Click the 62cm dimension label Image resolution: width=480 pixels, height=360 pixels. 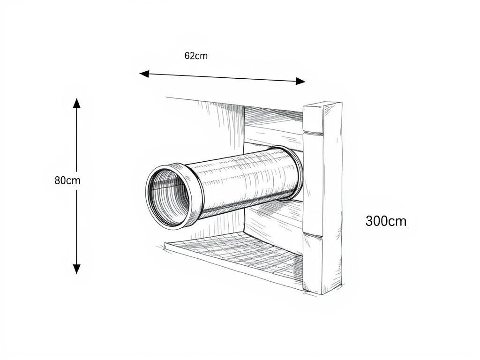[x=196, y=56]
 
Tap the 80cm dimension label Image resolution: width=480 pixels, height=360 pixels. [x=67, y=180]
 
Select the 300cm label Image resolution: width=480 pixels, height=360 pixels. [x=386, y=221]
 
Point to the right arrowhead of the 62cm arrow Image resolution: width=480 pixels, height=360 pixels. [x=301, y=81]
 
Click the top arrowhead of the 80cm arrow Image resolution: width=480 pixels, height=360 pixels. [x=76, y=103]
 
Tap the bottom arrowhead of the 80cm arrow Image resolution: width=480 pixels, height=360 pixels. [x=76, y=269]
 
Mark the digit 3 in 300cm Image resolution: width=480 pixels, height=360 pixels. [x=369, y=221]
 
